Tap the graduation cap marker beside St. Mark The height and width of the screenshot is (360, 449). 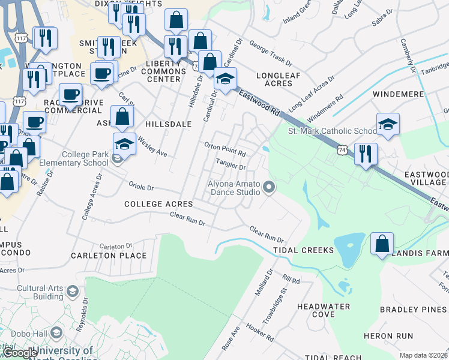388,125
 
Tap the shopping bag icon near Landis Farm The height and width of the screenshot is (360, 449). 382,244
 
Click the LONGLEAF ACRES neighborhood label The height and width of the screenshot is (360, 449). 278,79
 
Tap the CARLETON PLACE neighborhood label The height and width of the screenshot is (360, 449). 109,256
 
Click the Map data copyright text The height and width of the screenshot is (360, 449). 423,355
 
